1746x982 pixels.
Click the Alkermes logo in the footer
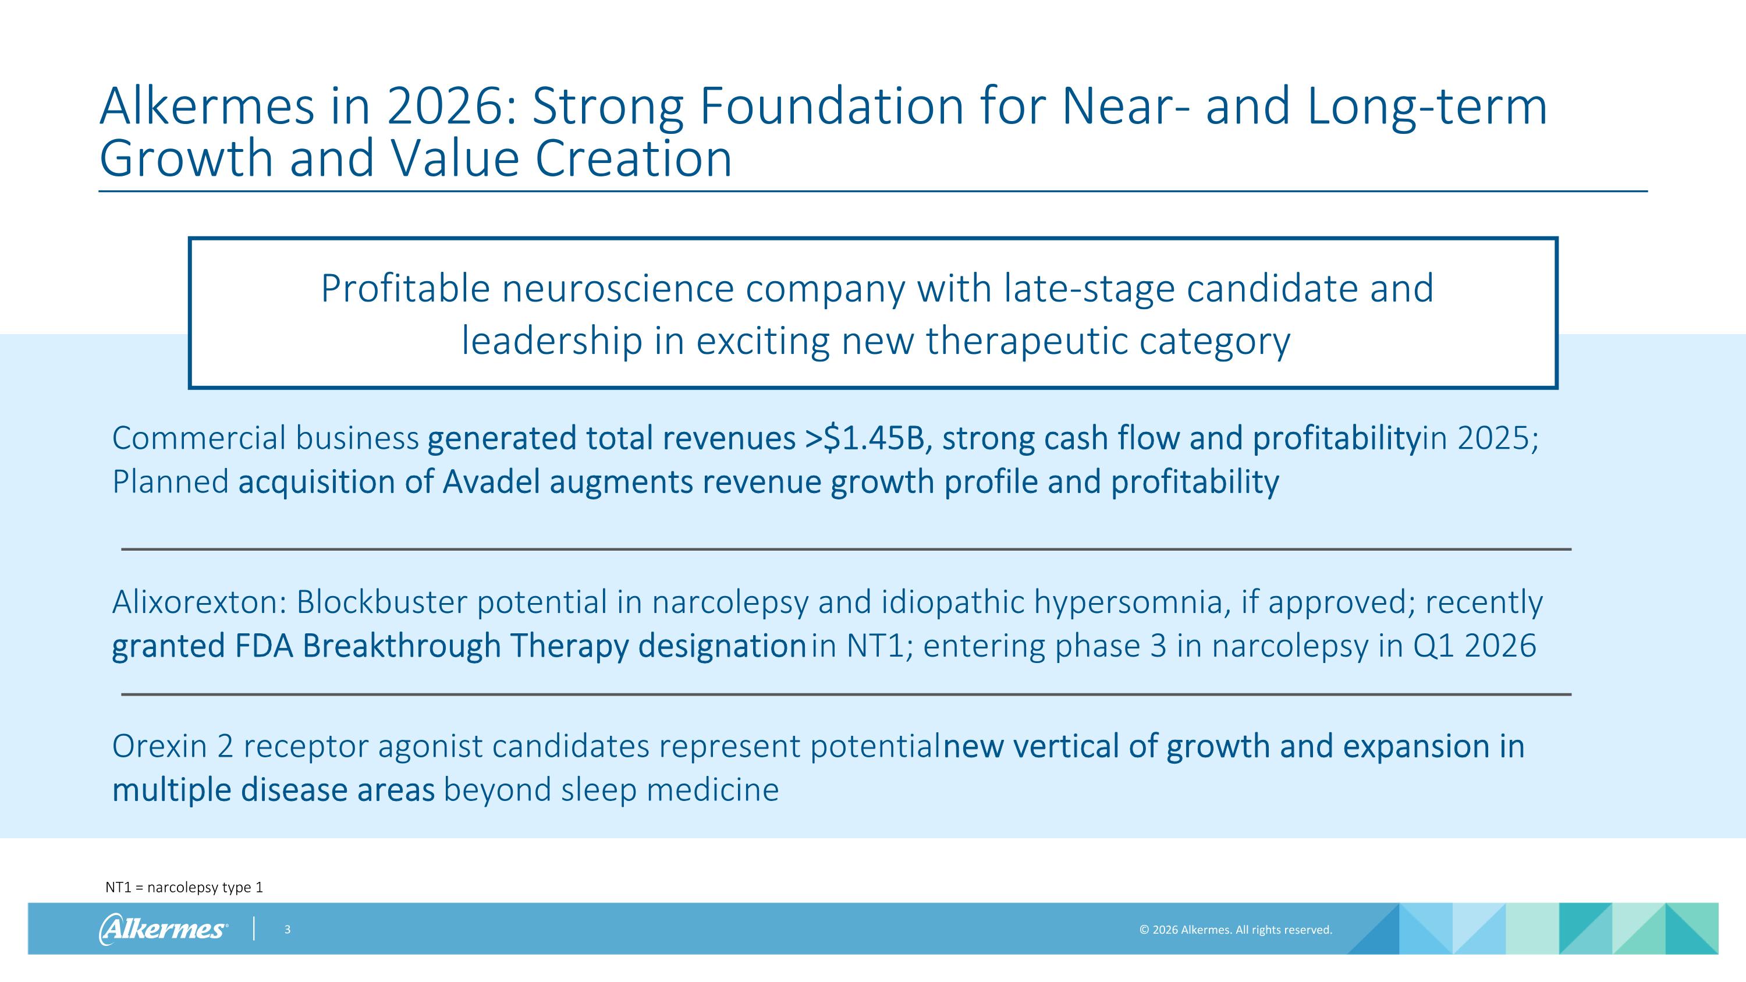coord(163,928)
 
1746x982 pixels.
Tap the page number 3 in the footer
coord(288,930)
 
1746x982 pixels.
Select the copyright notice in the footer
coord(1235,930)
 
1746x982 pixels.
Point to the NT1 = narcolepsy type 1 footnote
coord(184,887)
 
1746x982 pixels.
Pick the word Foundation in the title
coord(831,107)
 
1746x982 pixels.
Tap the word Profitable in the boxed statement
coord(404,289)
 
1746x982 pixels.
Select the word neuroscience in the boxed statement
coord(618,289)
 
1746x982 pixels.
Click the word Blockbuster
coord(381,602)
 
